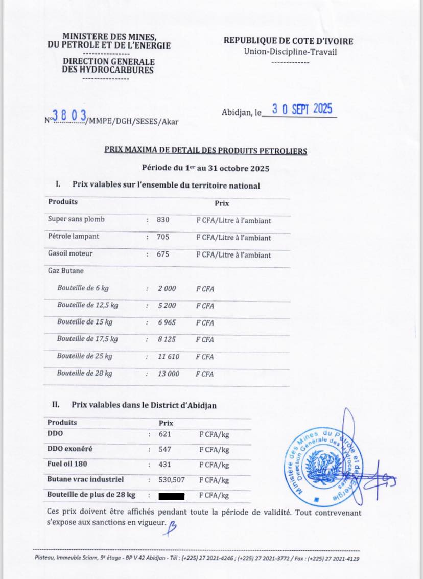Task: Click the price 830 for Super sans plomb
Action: (x=163, y=220)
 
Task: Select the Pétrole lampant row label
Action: (x=74, y=237)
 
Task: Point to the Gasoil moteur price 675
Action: (x=163, y=254)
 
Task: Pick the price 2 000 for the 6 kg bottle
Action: (x=167, y=289)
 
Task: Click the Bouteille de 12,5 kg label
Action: (x=87, y=305)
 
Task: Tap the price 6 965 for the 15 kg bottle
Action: (x=167, y=323)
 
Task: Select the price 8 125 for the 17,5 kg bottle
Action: (x=167, y=339)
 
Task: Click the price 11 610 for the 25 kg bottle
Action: (x=168, y=357)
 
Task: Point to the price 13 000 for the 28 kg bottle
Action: (x=168, y=374)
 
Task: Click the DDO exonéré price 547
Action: (x=165, y=450)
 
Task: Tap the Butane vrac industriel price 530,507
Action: (x=171, y=480)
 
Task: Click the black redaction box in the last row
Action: (x=171, y=496)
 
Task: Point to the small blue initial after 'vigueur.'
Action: (x=173, y=524)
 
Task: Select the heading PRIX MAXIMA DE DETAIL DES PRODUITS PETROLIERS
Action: (x=206, y=151)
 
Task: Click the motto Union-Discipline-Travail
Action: (x=290, y=52)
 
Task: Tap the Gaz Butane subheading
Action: (x=65, y=271)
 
